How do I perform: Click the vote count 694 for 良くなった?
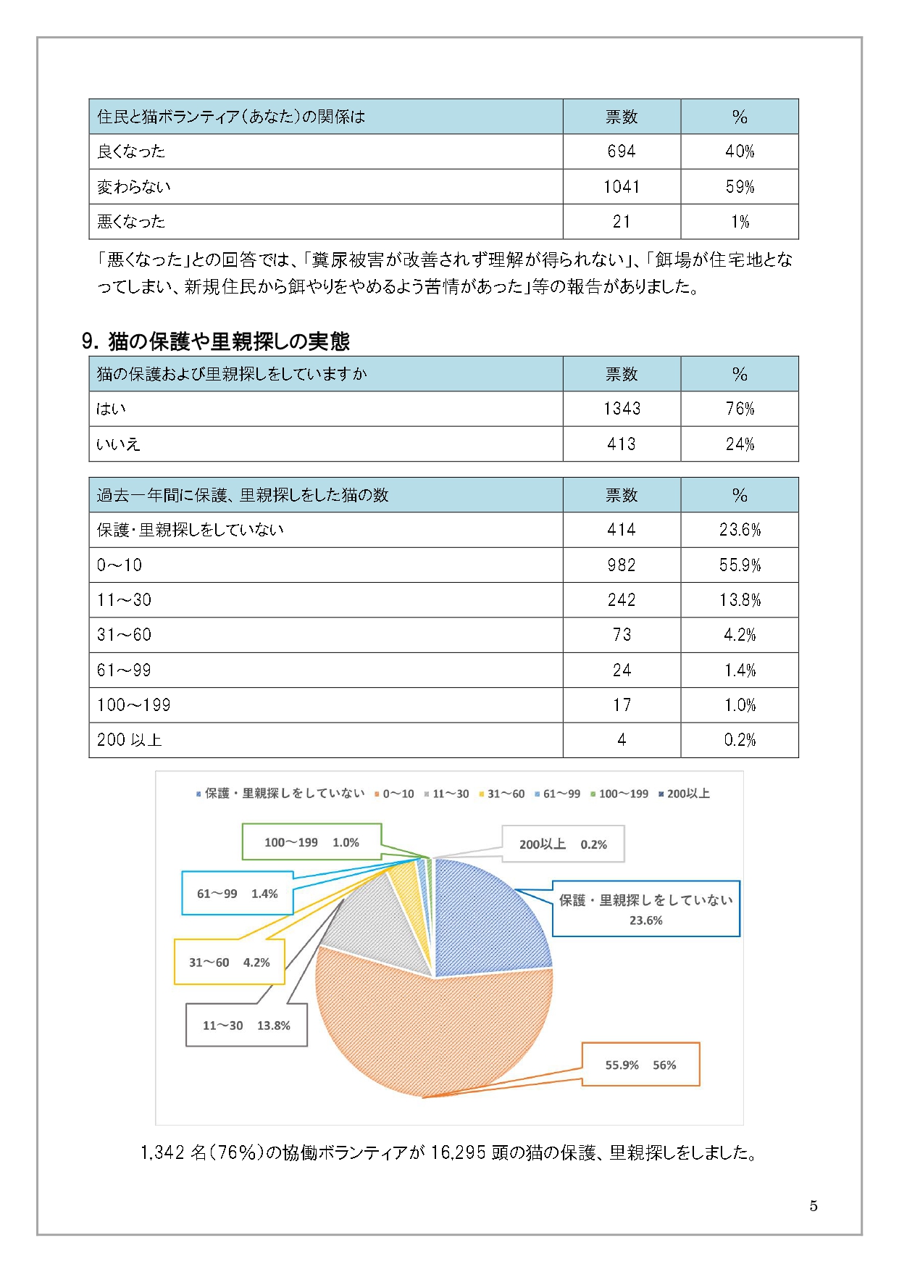click(621, 151)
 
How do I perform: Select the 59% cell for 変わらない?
click(740, 187)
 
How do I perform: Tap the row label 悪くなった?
click(131, 222)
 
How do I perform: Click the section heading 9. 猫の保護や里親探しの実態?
click(216, 341)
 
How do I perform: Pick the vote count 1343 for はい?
click(622, 409)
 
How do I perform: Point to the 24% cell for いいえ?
click(740, 444)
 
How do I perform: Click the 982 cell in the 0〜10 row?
click(621, 565)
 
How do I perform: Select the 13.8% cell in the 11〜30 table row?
click(740, 600)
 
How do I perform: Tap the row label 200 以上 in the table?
click(129, 740)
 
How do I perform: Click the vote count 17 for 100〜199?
click(622, 705)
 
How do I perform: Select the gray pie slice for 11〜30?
click(377, 928)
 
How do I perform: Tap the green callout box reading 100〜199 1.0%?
click(311, 842)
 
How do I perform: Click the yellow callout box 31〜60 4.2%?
click(229, 963)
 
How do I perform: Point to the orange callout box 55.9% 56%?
click(640, 1065)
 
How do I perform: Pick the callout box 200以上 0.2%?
click(563, 844)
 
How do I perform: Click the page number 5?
click(814, 1205)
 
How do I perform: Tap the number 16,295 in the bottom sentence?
click(458, 1152)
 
